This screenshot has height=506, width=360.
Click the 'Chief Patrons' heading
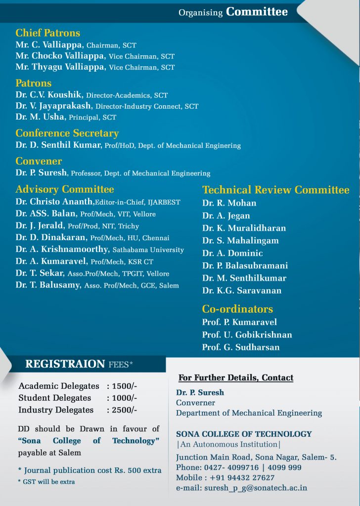click(x=47, y=33)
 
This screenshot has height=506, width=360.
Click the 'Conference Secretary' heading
click(x=67, y=133)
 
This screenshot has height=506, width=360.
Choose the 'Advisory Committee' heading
click(x=64, y=189)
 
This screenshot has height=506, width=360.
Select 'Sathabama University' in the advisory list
click(x=148, y=250)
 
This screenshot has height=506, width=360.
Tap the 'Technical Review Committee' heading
click(x=275, y=190)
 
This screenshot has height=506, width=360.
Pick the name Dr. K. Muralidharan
click(x=244, y=228)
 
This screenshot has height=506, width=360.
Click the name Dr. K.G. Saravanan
click(x=242, y=291)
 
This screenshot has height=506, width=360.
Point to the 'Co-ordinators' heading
click(x=237, y=309)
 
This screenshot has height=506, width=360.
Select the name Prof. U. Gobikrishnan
click(x=247, y=335)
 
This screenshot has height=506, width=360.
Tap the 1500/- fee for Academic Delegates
click(x=125, y=386)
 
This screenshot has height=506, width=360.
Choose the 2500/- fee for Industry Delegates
click(x=125, y=410)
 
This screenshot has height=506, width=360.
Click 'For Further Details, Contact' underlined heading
click(x=236, y=378)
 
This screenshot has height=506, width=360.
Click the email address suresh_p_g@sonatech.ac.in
click(x=256, y=488)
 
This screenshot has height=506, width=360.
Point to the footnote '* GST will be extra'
click(x=46, y=481)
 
